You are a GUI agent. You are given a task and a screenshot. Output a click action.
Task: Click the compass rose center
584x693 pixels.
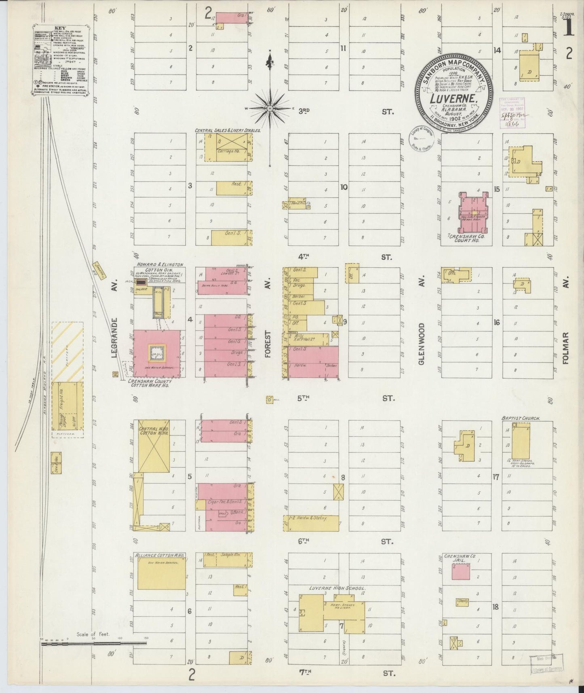tap(270, 109)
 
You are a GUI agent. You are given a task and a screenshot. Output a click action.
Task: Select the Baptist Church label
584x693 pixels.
tap(521, 418)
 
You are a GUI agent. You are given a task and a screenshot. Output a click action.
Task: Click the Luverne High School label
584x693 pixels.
tap(332, 588)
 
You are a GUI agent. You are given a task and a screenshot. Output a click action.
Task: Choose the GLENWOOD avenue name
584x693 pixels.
tap(422, 344)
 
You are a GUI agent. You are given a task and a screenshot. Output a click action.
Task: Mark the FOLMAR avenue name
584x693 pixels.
tap(565, 348)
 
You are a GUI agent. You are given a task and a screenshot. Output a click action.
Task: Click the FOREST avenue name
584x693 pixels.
tap(267, 344)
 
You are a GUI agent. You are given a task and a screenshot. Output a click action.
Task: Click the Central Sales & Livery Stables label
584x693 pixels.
tap(228, 131)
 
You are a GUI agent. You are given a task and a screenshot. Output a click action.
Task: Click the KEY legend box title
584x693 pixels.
tap(61, 29)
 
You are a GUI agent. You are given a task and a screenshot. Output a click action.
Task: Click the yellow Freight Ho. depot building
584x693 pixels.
tap(68, 406)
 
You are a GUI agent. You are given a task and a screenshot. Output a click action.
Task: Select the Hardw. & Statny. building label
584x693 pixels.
tap(311, 518)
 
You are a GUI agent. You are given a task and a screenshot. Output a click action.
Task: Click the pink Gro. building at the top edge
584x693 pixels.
tap(232, 17)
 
